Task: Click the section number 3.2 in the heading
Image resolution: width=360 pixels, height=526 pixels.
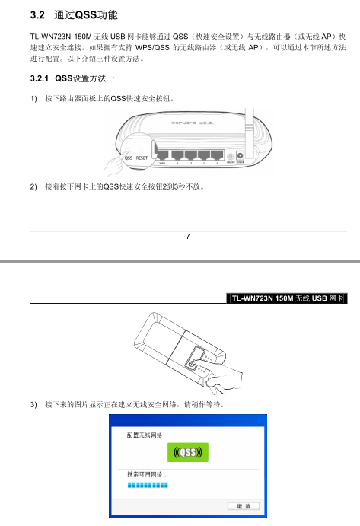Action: click(x=37, y=14)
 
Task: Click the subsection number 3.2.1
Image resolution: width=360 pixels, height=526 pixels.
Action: click(x=40, y=78)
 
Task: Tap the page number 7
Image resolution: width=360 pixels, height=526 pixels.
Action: click(x=188, y=237)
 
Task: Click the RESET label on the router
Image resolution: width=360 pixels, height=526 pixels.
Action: click(x=142, y=158)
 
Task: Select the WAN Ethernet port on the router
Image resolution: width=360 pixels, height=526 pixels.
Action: click(x=162, y=155)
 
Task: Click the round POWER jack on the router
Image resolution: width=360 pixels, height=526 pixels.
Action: click(x=241, y=155)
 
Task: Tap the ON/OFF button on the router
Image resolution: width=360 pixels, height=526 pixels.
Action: click(x=231, y=157)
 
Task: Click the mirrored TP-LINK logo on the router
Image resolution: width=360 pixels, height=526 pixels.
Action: click(x=192, y=123)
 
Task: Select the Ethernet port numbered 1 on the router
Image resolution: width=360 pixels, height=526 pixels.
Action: click(x=217, y=155)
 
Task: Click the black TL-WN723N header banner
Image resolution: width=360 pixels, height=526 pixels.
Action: click(x=287, y=298)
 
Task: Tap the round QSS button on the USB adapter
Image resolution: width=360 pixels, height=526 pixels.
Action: click(x=192, y=365)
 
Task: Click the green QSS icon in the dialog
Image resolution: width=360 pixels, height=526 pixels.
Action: click(x=188, y=452)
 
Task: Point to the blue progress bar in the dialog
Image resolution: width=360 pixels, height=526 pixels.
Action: click(x=148, y=485)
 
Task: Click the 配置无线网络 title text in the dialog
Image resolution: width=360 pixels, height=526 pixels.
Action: click(x=145, y=435)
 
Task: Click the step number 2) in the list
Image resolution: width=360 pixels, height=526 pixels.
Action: click(x=33, y=186)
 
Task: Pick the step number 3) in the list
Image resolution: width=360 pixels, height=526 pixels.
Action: click(x=33, y=404)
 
